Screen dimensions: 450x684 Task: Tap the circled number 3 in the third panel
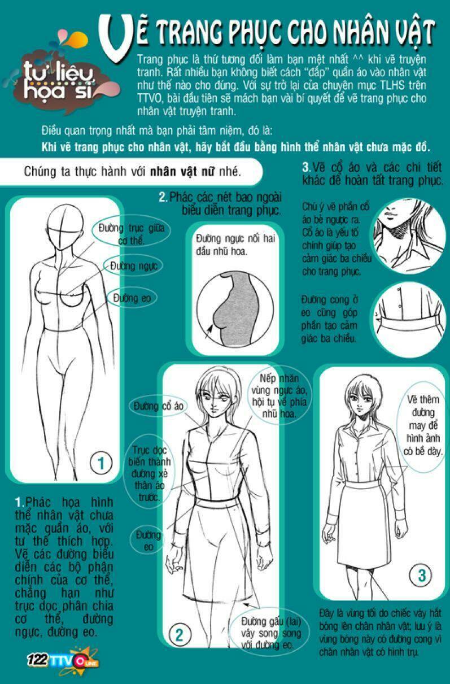(x=421, y=576)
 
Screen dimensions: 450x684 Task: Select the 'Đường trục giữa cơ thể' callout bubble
(x=132, y=234)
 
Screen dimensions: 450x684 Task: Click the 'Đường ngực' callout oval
(x=134, y=266)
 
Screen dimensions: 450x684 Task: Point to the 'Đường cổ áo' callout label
(x=159, y=406)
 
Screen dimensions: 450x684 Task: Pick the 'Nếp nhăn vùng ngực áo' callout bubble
(x=279, y=396)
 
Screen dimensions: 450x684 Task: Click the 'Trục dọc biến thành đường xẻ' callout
(x=149, y=473)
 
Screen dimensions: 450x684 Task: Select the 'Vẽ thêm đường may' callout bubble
(x=423, y=426)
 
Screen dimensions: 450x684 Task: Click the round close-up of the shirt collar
(x=410, y=236)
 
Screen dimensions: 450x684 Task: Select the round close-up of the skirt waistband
(x=410, y=319)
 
